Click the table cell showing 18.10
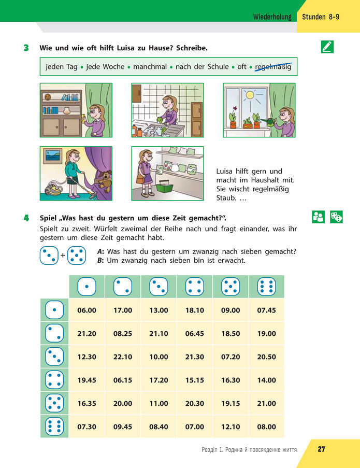[194, 310]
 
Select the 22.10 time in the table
[123, 357]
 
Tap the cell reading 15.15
[194, 380]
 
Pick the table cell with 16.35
[87, 403]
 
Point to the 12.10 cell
[231, 427]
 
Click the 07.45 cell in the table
[266, 310]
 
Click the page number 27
[321, 449]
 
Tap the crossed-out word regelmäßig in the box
[273, 66]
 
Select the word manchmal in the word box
[150, 66]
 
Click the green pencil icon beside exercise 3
[327, 47]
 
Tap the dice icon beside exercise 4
[337, 217]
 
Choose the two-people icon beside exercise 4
[318, 217]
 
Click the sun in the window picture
[250, 95]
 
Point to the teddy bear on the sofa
[105, 181]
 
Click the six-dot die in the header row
[266, 287]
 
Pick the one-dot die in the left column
[54, 310]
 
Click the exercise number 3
[26, 48]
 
